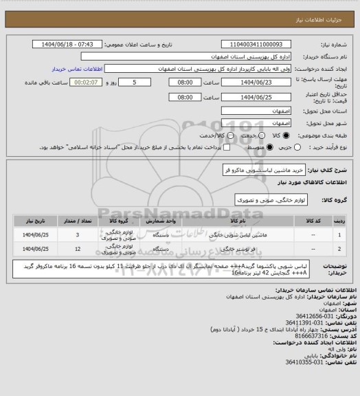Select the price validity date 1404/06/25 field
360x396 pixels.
click(259, 97)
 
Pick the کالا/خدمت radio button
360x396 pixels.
click(230, 135)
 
